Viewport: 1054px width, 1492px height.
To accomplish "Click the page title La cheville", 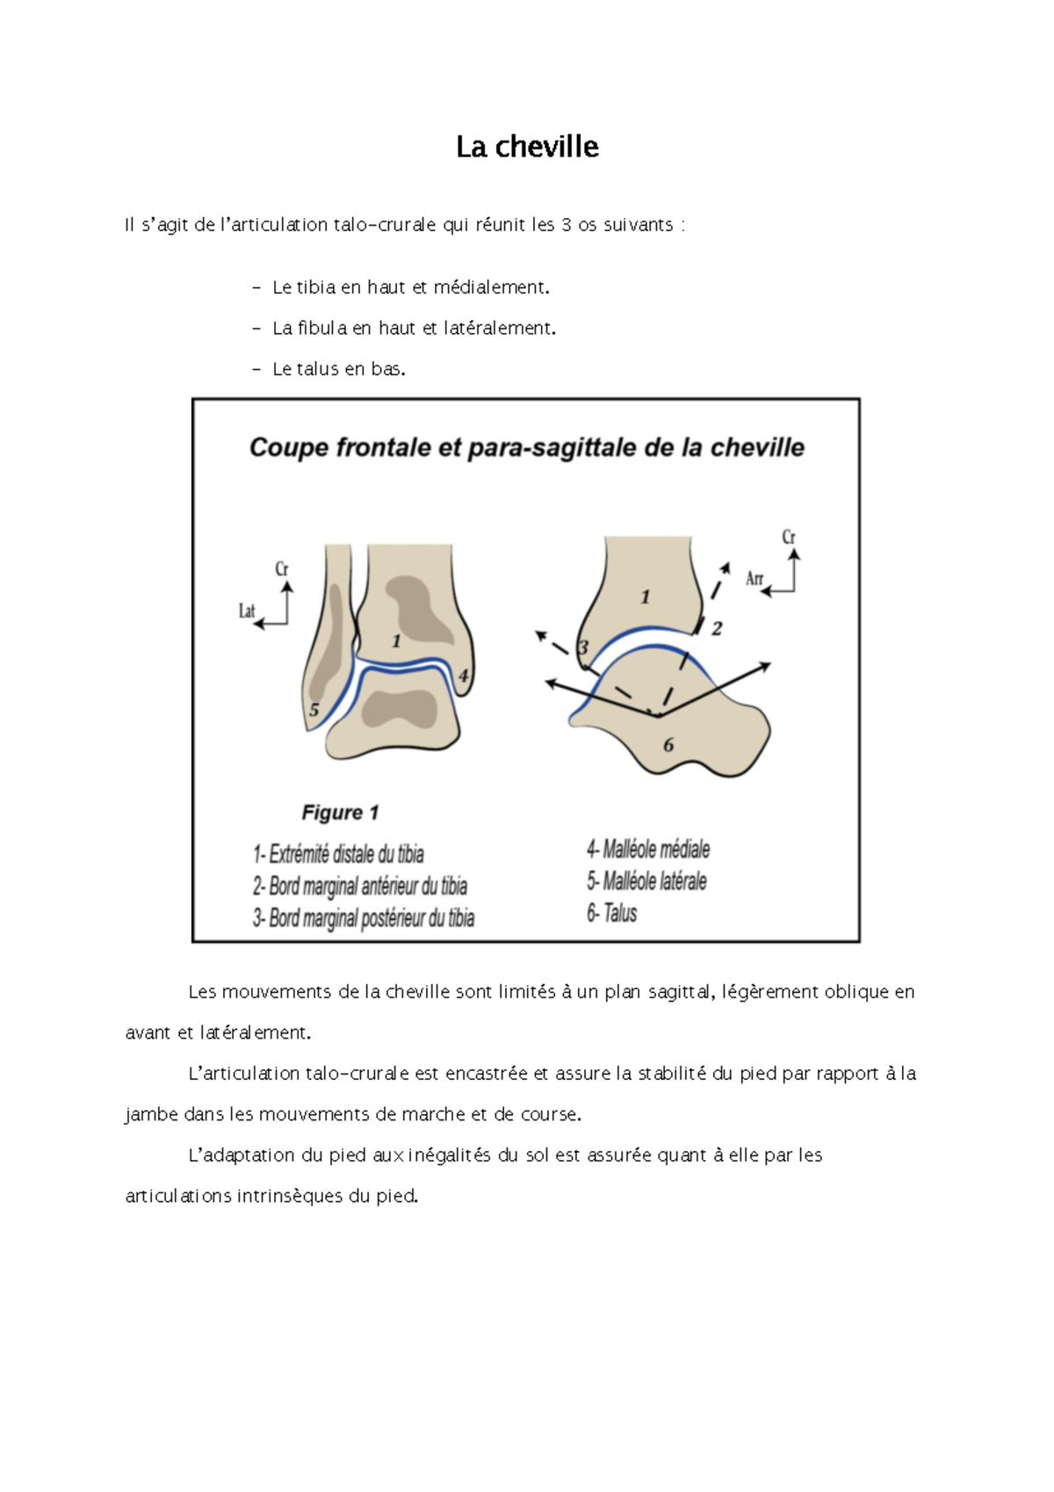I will point(527,147).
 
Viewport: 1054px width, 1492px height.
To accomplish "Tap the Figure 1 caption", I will point(340,813).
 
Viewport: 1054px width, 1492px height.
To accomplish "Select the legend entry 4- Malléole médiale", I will point(648,849).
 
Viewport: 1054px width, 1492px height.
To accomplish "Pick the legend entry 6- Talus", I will point(611,913).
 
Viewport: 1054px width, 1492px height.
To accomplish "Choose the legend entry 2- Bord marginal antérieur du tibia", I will point(360,886).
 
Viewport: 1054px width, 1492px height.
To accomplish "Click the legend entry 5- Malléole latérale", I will point(646,880).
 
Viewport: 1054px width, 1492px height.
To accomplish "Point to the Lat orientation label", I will point(247,611).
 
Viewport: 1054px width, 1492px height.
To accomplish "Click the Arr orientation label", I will point(754,578).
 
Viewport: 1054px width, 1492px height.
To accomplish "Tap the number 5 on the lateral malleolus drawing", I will point(314,710).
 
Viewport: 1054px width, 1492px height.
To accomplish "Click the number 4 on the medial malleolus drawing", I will point(464,676).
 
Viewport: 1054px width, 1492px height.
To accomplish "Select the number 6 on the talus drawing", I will point(668,745).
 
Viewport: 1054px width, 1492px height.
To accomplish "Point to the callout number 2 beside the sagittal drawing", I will point(717,628).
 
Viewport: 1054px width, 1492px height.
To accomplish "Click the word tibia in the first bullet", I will point(316,287).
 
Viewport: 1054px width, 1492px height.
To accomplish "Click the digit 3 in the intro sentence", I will point(567,225).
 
